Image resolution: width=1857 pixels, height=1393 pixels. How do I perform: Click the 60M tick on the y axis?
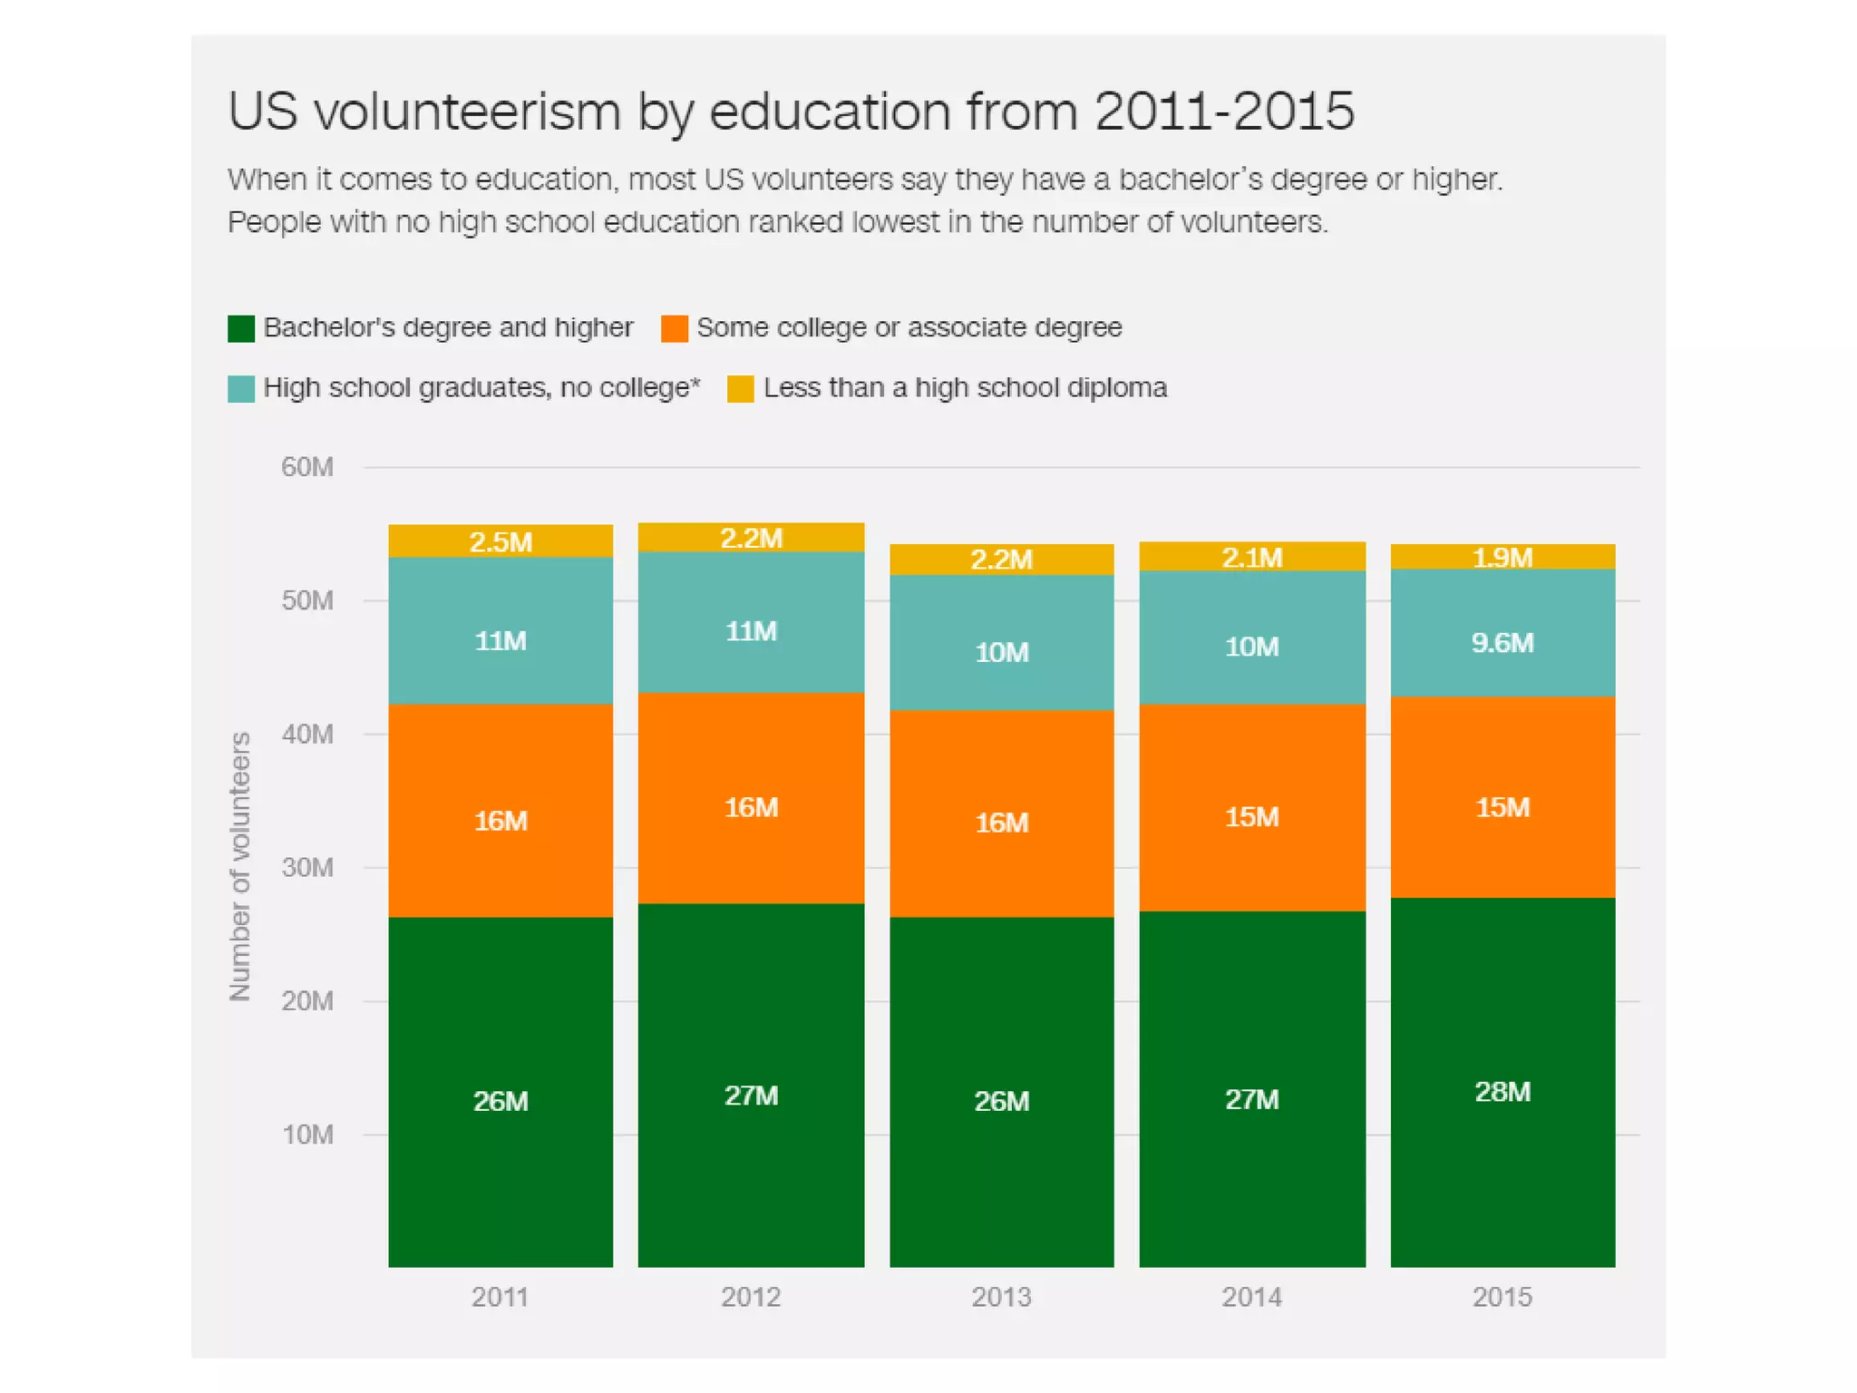[306, 467]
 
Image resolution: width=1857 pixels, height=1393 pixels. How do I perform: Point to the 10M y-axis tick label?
[307, 1135]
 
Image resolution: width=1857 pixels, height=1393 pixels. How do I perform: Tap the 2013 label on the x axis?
[1001, 1297]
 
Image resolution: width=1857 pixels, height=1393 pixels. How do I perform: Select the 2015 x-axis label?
[1502, 1297]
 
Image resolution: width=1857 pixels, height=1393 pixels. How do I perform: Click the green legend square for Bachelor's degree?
[241, 328]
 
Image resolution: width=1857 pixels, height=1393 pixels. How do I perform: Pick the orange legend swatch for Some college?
[675, 328]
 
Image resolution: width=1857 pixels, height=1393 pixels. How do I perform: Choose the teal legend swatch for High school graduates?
[241, 389]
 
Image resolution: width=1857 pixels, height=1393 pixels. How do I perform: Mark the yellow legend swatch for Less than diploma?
[741, 389]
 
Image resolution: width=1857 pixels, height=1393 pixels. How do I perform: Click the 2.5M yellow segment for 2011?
[501, 541]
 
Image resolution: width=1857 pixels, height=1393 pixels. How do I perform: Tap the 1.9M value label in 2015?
[1502, 557]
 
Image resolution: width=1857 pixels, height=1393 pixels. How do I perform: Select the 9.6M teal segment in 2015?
[1502, 642]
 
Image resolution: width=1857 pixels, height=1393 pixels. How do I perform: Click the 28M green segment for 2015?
[1502, 1091]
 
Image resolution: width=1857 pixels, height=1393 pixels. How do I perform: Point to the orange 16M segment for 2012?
[751, 806]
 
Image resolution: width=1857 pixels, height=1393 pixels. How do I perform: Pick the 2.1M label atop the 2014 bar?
[1251, 557]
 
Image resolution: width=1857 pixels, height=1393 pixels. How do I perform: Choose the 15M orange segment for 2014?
[1251, 816]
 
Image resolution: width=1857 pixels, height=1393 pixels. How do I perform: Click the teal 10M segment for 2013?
[1001, 651]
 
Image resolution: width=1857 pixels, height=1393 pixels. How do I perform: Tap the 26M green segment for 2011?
[501, 1100]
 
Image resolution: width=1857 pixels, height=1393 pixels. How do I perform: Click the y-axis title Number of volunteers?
[239, 866]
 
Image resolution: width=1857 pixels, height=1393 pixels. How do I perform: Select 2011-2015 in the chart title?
[1224, 112]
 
